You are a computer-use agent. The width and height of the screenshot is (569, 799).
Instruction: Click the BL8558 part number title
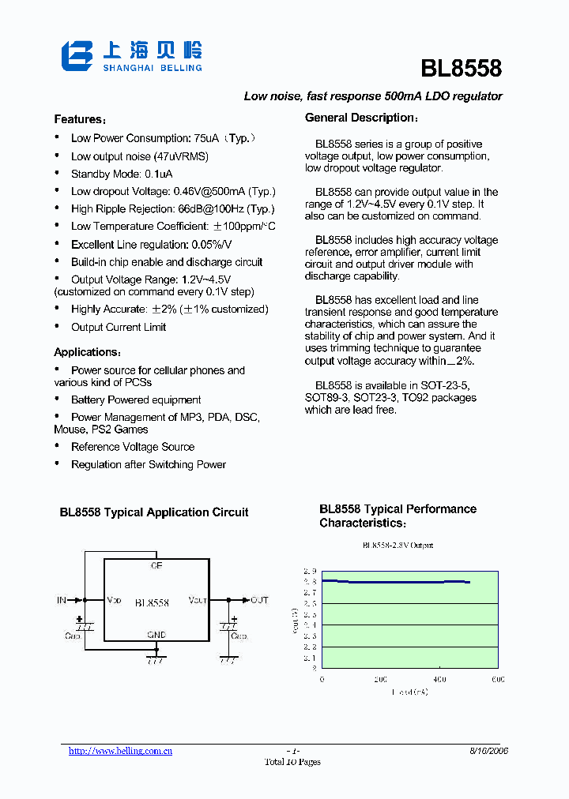(461, 69)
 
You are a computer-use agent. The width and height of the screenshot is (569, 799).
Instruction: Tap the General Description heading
(362, 118)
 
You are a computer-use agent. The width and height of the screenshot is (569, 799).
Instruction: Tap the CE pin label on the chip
(156, 565)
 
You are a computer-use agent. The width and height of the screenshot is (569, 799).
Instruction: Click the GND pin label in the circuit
(156, 635)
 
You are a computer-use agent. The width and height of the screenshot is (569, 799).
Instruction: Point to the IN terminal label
(62, 600)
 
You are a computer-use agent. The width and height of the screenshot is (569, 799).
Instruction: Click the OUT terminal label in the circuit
(259, 600)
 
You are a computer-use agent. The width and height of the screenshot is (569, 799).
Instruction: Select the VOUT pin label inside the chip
(197, 601)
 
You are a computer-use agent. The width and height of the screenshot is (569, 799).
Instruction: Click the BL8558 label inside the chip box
(152, 602)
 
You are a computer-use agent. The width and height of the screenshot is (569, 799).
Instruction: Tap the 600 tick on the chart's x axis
(498, 679)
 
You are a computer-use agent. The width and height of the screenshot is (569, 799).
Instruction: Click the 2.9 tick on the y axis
(310, 571)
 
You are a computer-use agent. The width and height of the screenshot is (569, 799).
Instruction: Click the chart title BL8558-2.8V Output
(398, 546)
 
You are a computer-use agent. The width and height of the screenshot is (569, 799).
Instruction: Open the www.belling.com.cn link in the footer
(120, 751)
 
